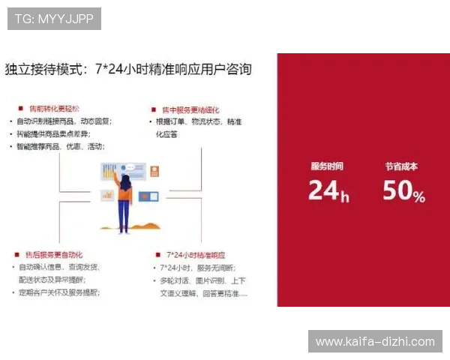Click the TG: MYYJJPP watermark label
click(54, 19)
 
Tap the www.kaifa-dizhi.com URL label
click(375, 342)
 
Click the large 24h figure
click(328, 191)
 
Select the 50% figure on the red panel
click(403, 191)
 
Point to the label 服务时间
click(327, 166)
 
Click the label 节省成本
click(401, 166)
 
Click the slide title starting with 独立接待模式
click(128, 70)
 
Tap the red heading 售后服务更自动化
click(58, 255)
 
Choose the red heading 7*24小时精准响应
click(196, 255)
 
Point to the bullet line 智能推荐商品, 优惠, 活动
click(61, 146)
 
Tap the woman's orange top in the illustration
click(124, 195)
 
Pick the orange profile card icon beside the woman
click(155, 171)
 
